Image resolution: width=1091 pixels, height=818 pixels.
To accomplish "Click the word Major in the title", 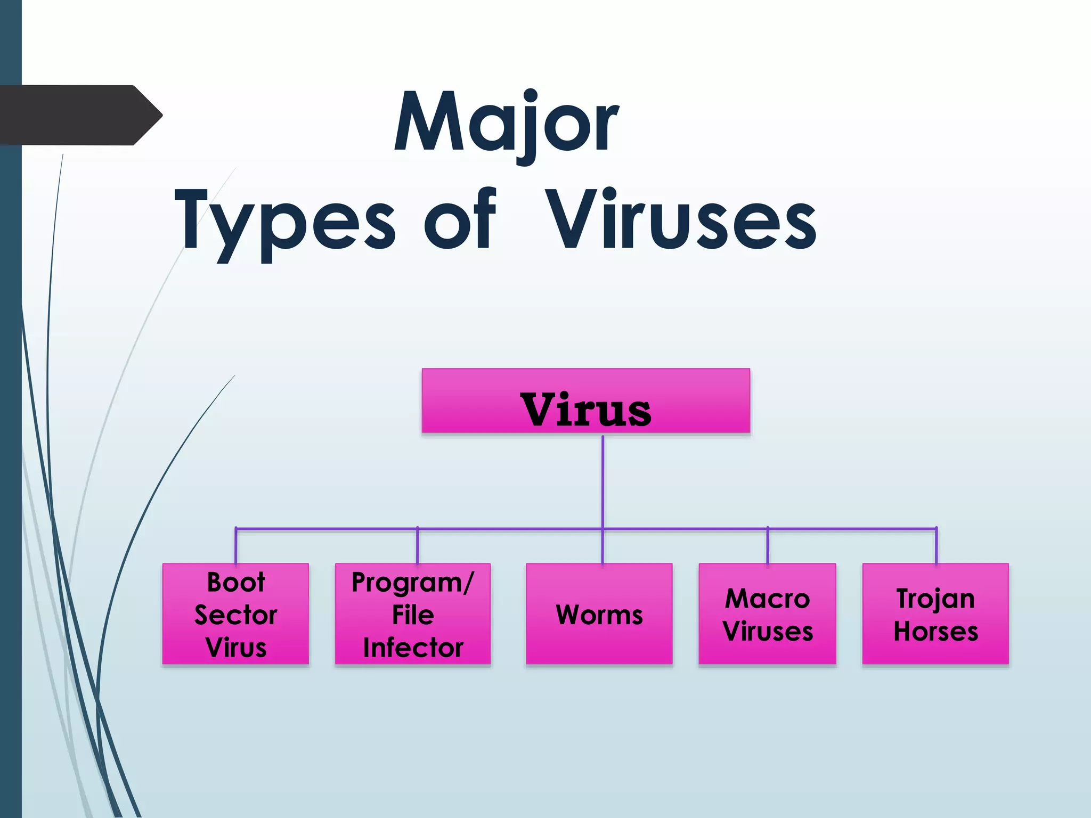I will click(x=506, y=124).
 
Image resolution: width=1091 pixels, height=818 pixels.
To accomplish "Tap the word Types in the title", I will click(x=285, y=220).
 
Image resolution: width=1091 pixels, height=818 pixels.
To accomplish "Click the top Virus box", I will click(x=585, y=401).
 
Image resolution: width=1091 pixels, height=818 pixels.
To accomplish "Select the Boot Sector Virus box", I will click(x=235, y=613).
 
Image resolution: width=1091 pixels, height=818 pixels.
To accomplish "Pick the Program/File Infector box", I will click(x=413, y=613).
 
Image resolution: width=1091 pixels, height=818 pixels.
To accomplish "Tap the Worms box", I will click(x=599, y=614).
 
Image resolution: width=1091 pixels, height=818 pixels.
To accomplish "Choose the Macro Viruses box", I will click(x=767, y=614).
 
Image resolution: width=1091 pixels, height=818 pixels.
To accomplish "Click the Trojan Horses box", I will click(x=935, y=614).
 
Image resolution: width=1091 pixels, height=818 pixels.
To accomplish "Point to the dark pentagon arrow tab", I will click(x=80, y=115).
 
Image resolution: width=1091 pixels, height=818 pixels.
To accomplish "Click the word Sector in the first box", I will click(x=235, y=615).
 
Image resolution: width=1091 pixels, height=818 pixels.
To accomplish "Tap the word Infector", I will click(x=413, y=648).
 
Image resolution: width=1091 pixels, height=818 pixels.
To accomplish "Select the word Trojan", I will click(x=935, y=599).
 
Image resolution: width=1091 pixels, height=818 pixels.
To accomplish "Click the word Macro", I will click(x=767, y=599).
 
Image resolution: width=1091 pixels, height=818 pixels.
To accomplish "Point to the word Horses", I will click(x=935, y=632).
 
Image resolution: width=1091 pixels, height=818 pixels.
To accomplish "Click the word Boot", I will click(x=235, y=582).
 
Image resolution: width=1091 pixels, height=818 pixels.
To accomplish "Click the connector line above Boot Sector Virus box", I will click(x=236, y=546).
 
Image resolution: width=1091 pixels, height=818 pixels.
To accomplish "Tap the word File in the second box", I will click(x=413, y=615).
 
